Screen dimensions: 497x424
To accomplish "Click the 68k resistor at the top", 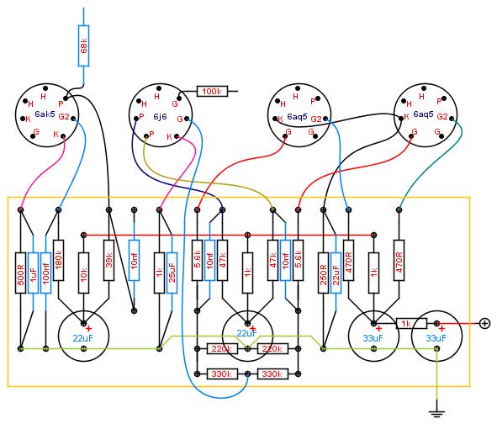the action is pyautogui.click(x=84, y=46).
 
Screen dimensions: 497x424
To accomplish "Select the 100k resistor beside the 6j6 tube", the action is pyautogui.click(x=212, y=92).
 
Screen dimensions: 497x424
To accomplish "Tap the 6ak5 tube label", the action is pyautogui.click(x=45, y=114).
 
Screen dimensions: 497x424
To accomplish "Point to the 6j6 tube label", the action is pyautogui.click(x=160, y=116).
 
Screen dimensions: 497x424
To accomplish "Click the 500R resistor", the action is pyautogui.click(x=20, y=273).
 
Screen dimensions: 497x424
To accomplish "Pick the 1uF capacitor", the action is pyautogui.click(x=34, y=273).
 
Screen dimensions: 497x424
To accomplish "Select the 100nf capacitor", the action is pyautogui.click(x=46, y=273).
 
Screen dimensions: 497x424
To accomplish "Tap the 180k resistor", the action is pyautogui.click(x=58, y=260).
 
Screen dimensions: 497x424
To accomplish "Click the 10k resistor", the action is pyautogui.click(x=84, y=273).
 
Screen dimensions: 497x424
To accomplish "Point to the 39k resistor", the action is pyautogui.click(x=108, y=260).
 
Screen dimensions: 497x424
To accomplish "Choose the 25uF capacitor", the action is pyautogui.click(x=172, y=273).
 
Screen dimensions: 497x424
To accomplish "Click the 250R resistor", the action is pyautogui.click(x=323, y=273).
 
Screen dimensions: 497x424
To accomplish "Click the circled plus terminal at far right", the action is pyautogui.click(x=484, y=324).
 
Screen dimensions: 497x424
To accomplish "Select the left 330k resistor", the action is pyautogui.click(x=222, y=374).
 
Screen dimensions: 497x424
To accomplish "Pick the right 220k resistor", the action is pyautogui.click(x=272, y=349).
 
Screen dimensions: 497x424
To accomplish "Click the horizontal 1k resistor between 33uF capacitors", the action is pyautogui.click(x=412, y=324).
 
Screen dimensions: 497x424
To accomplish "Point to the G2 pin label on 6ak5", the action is pyautogui.click(x=64, y=116).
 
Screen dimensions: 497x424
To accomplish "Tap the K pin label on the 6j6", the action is pyautogui.click(x=169, y=136).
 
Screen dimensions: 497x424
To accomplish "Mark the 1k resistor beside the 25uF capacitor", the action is pyautogui.click(x=159, y=273).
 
